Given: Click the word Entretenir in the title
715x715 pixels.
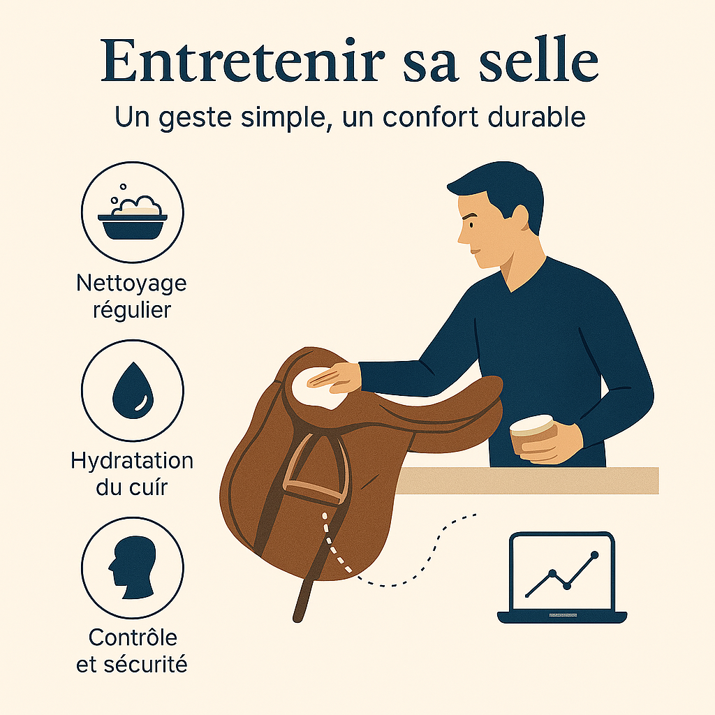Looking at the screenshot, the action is (x=243, y=61).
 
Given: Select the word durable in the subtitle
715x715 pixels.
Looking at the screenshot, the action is (x=536, y=117).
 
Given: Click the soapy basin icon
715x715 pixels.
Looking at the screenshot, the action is (x=133, y=218).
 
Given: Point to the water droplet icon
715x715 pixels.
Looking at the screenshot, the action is (x=133, y=391).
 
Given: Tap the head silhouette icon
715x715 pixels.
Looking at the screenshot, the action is (x=132, y=567).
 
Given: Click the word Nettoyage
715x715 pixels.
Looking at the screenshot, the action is (x=131, y=283).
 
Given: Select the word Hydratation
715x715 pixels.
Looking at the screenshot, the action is (x=132, y=461).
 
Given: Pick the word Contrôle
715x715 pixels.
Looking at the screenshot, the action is (x=133, y=637).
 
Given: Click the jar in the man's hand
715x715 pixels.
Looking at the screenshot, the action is (x=533, y=436).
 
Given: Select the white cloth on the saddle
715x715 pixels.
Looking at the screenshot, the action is (x=318, y=388).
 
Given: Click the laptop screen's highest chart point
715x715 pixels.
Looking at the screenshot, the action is (x=594, y=555).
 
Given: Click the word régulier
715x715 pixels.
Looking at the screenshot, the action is (x=132, y=311).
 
